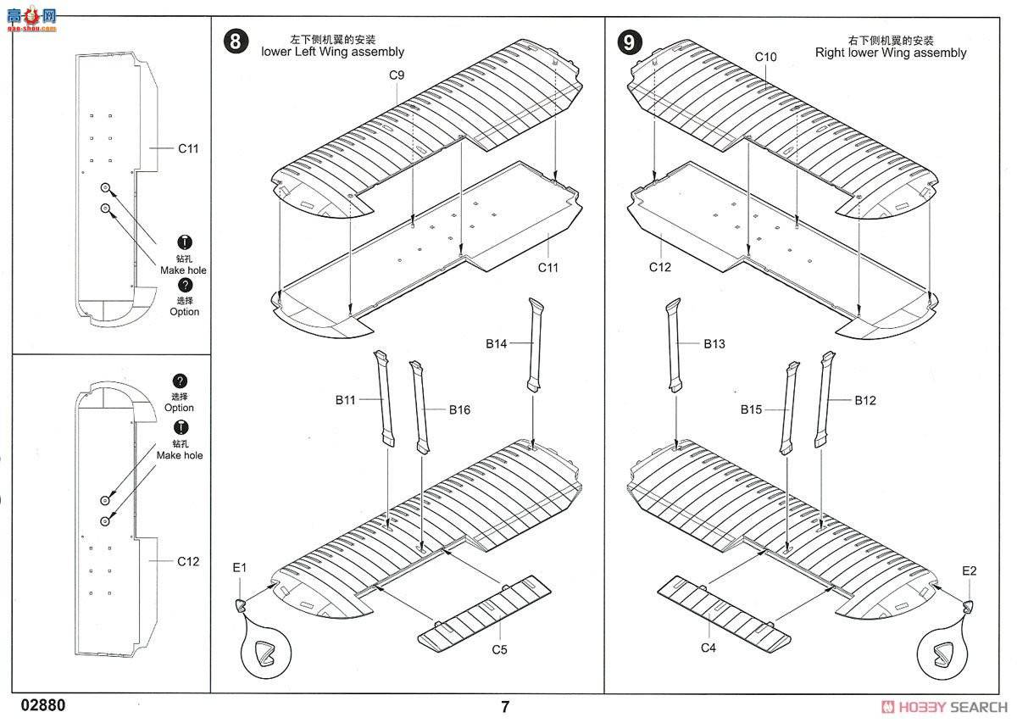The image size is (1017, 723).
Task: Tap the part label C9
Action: pyautogui.click(x=397, y=75)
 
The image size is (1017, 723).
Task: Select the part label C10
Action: pyautogui.click(x=765, y=57)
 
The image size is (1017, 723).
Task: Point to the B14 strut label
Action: pyautogui.click(x=497, y=343)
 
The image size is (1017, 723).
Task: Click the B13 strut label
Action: pyautogui.click(x=714, y=343)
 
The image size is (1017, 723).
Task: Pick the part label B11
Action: pyautogui.click(x=345, y=400)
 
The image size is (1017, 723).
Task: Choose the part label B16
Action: pyautogui.click(x=459, y=409)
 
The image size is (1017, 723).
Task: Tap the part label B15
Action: pyautogui.click(x=751, y=409)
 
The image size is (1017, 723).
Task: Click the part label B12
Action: pyautogui.click(x=865, y=400)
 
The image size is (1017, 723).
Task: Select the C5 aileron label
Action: pyautogui.click(x=499, y=650)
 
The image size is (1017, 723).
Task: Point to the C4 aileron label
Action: pyautogui.click(x=709, y=648)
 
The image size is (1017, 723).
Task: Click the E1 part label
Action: pyautogui.click(x=239, y=568)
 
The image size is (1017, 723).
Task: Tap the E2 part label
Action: pyautogui.click(x=970, y=570)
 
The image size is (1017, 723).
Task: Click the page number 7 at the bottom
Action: pyautogui.click(x=505, y=706)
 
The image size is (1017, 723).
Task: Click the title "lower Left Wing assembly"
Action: pyautogui.click(x=332, y=52)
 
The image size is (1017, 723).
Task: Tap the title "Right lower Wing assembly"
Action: pyautogui.click(x=890, y=53)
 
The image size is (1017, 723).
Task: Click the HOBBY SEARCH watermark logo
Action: pyautogui.click(x=944, y=707)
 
